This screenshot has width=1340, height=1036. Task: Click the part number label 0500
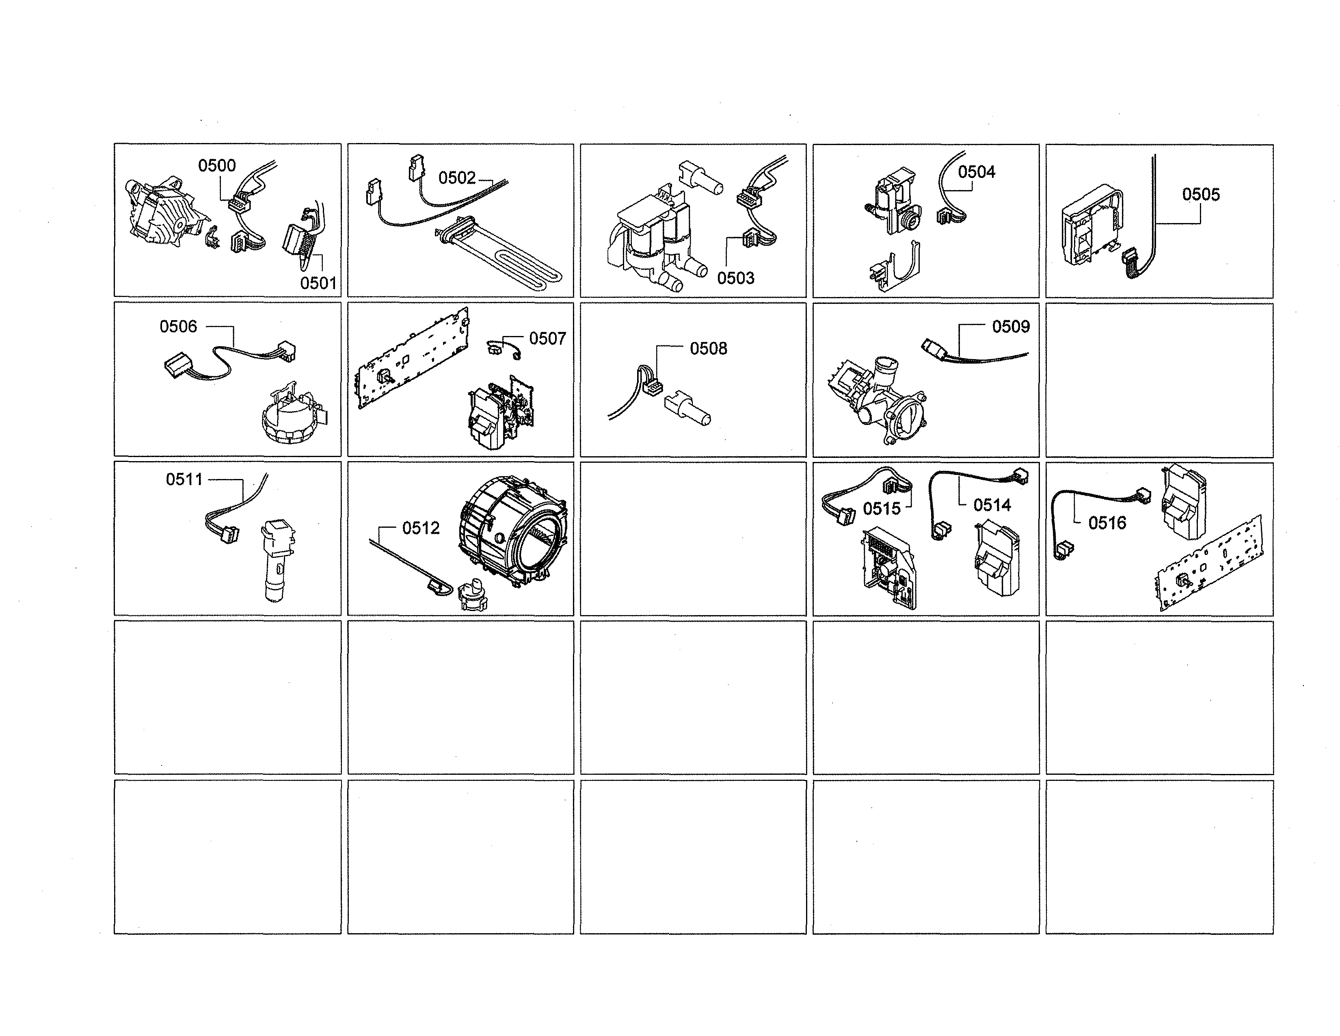point(216,166)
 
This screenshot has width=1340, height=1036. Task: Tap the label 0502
point(457,178)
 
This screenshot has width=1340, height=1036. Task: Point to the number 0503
point(736,279)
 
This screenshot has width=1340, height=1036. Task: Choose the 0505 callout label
point(1201,195)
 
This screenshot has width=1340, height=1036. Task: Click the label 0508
point(709,349)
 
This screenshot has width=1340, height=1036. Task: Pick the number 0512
point(421,529)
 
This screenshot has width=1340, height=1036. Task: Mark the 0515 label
point(882,509)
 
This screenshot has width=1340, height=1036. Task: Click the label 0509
point(1011,327)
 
